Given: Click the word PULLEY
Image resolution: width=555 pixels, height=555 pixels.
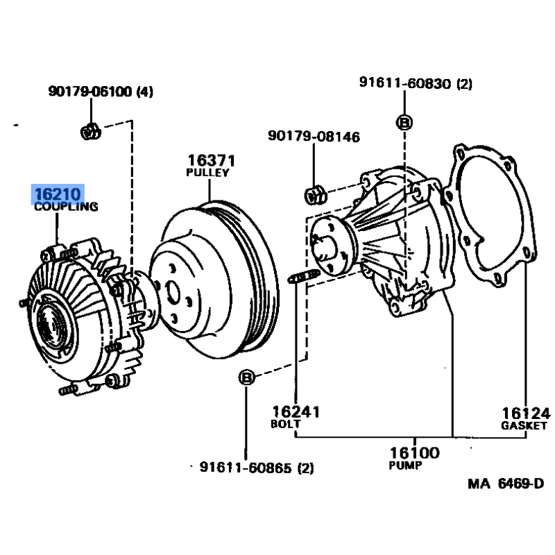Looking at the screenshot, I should (x=207, y=173).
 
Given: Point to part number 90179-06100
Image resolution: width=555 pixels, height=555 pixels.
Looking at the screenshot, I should (x=92, y=92).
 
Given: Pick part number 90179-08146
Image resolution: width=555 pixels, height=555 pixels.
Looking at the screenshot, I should (x=314, y=137).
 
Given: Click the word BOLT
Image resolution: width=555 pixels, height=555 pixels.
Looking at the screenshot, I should (x=286, y=424).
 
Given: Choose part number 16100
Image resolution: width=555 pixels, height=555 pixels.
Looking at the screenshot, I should (x=415, y=453).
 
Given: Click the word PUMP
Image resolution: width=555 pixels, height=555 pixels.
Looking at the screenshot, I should (x=405, y=466).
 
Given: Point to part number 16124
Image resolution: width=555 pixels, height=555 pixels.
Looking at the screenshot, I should (x=525, y=413).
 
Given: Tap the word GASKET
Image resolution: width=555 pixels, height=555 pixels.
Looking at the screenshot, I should (x=524, y=425).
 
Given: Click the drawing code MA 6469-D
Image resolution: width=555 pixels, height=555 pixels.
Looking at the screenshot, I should (x=505, y=483).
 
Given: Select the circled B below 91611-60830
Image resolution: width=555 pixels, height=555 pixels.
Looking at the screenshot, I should (x=404, y=123).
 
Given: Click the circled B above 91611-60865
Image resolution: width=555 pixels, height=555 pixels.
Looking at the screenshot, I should (x=246, y=377).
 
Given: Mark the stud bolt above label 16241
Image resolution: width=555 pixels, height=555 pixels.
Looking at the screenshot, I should (x=302, y=278).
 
